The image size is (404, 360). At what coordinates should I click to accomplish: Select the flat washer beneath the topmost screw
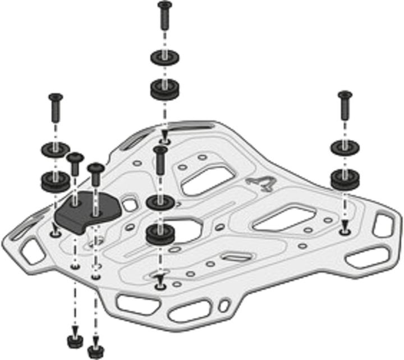pos(163,58)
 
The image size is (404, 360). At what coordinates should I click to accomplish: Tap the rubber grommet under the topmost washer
pos(163,89)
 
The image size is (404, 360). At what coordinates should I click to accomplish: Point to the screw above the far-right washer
pos(345,107)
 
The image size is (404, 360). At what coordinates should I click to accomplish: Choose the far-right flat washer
pos(343,147)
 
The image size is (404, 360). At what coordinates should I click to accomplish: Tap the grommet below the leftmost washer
pos(56,180)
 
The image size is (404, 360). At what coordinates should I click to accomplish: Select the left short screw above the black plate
pos(75,166)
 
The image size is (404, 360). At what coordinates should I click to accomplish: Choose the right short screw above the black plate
pos(95,174)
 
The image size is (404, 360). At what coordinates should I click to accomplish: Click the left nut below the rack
pos(73,341)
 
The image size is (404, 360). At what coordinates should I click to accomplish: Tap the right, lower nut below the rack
pos(94,351)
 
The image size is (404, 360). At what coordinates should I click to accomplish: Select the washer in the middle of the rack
pos(159,202)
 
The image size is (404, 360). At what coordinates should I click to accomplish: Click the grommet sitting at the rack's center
pos(159,234)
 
